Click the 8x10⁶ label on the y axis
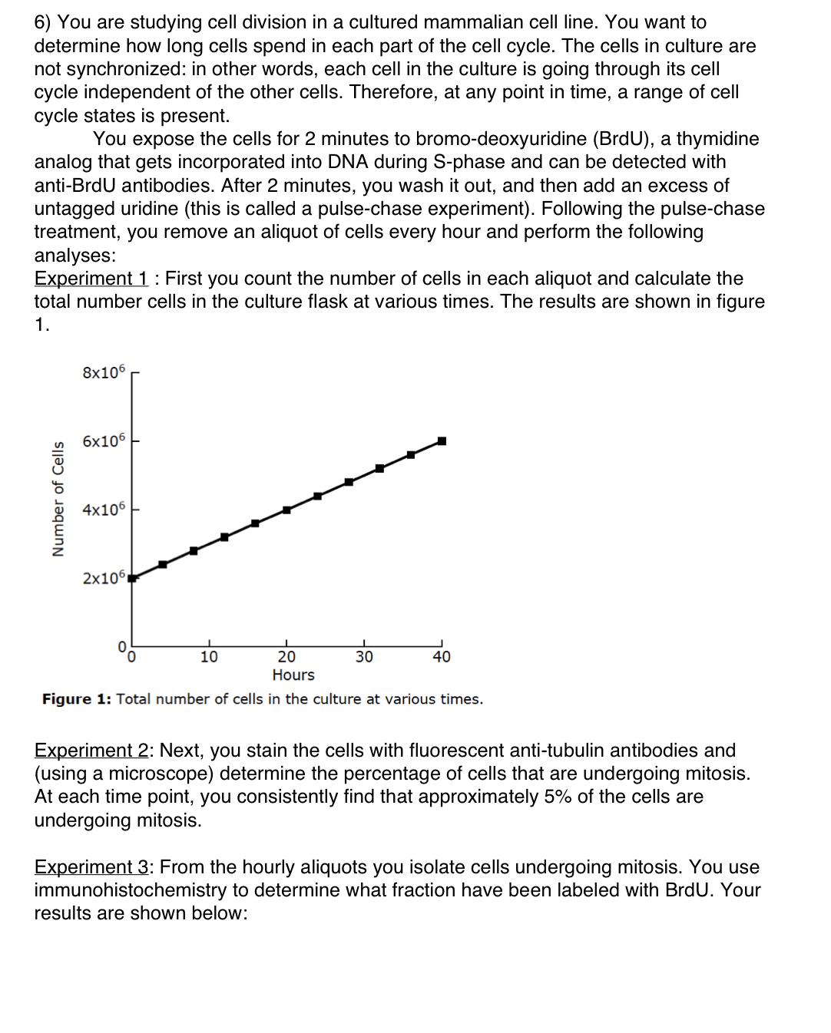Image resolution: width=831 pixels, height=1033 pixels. (x=103, y=372)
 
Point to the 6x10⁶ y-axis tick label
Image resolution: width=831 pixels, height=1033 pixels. (x=103, y=441)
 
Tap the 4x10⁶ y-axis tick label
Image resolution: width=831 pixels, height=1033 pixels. (x=103, y=510)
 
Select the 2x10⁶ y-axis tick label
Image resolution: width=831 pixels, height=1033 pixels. (x=103, y=578)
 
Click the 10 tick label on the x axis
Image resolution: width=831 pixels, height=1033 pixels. (x=209, y=657)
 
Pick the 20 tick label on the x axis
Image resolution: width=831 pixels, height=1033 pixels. (x=286, y=657)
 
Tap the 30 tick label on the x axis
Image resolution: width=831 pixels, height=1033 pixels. (x=364, y=657)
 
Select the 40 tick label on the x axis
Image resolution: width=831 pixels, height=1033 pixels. (x=442, y=657)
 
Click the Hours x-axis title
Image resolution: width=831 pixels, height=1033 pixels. (x=293, y=675)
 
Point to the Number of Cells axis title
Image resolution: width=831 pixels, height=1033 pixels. (x=58, y=499)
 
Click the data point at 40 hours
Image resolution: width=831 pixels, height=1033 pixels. (x=442, y=441)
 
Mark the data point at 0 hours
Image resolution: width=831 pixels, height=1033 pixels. (x=132, y=578)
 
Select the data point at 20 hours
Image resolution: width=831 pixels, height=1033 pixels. (x=286, y=510)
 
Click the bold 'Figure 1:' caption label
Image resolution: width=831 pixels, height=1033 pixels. (x=76, y=699)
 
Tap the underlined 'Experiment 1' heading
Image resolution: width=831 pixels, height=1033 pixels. (x=91, y=279)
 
